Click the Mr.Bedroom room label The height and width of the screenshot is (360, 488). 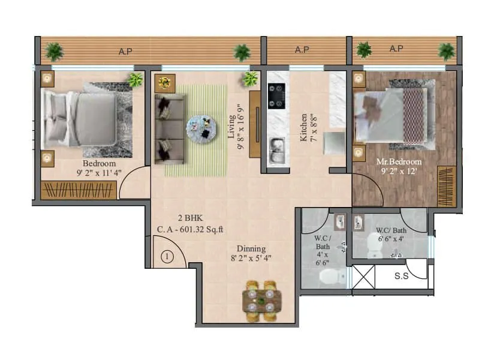point(399,161)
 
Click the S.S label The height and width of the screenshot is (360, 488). point(402,277)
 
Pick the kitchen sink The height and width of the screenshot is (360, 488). point(276,150)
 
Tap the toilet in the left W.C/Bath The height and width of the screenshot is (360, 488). point(331,277)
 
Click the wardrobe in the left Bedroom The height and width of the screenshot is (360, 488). point(79,190)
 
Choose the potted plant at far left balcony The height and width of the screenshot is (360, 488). point(55,52)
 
